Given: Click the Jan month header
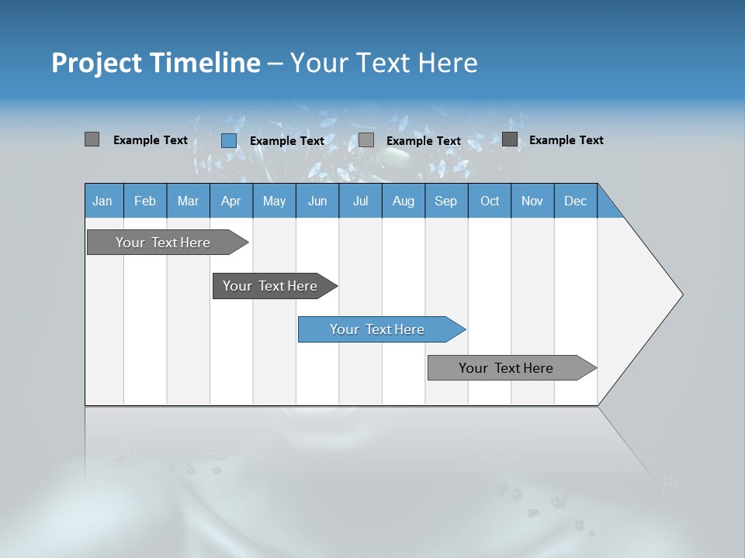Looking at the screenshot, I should [102, 201].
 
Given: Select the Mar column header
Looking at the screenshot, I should [188, 201].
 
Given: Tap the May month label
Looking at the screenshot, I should [274, 201].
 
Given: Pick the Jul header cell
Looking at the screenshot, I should [360, 201].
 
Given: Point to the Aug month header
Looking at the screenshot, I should [403, 201].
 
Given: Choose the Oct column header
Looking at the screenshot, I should [490, 201].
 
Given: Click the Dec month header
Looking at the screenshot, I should [575, 201].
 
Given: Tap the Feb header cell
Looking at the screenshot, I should [145, 201].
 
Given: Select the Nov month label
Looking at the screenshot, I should [532, 201].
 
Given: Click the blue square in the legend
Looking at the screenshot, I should [228, 140].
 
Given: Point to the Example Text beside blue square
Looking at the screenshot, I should [286, 141].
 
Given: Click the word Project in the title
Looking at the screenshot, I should [96, 63].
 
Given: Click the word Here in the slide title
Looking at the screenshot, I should [448, 63].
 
